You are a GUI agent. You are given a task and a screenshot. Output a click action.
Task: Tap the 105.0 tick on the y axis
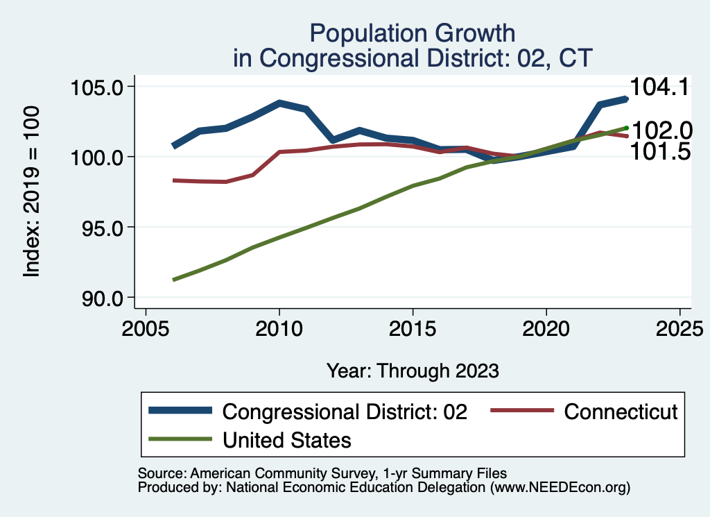tap(97, 87)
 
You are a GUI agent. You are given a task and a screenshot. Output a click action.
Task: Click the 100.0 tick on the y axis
tap(97, 158)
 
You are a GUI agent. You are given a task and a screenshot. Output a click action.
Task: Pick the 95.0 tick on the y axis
tap(97, 228)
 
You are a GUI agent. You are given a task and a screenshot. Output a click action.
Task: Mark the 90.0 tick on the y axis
tap(97, 298)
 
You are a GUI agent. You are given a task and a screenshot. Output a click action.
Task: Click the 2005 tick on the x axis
tap(146, 328)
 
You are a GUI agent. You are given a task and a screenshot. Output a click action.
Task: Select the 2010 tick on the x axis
tap(279, 328)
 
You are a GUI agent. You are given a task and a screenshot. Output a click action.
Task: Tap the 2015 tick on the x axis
tap(413, 328)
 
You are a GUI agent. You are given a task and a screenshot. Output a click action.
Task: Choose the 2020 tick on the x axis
tap(546, 328)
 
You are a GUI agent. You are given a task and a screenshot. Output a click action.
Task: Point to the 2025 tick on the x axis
tap(680, 328)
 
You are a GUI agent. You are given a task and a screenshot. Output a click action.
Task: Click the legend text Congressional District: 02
tap(345, 412)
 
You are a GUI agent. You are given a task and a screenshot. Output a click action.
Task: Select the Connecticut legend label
tap(620, 412)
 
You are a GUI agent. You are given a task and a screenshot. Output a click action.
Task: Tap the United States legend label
tap(286, 439)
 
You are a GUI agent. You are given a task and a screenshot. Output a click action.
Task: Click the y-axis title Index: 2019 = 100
tap(31, 192)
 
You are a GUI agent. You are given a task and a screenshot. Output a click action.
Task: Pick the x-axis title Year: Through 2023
tap(413, 371)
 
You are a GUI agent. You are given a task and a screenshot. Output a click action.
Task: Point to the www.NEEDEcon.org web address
tap(560, 487)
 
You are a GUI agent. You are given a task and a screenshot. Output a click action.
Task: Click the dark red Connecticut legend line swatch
tap(521, 412)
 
